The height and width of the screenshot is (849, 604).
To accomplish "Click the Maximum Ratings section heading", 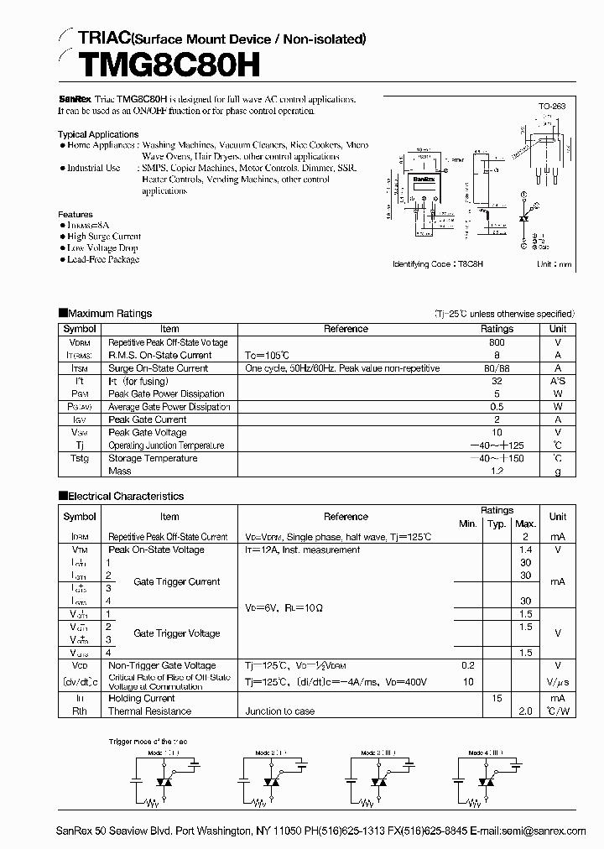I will coord(110,314).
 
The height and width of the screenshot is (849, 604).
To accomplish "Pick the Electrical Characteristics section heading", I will coord(125,496).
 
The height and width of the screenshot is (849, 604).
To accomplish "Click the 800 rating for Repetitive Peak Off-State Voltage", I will coord(497,342).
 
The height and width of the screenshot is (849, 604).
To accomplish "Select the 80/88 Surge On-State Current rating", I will coord(497,368).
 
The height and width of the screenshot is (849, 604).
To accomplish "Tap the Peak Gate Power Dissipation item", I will coord(166,393).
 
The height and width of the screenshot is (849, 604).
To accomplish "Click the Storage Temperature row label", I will coord(153,459).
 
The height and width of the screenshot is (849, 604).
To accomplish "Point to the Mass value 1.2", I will coord(497,471).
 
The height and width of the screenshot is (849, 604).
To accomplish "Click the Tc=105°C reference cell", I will coord(271,355).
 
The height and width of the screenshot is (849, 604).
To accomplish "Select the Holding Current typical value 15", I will coord(497,698).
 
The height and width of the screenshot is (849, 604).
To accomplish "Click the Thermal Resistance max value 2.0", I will coord(525,711).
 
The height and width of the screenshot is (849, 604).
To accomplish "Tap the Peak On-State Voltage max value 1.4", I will coord(525,550).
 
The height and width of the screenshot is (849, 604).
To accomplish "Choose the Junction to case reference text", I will coord(280,711).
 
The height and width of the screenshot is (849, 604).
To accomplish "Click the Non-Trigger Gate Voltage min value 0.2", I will coord(467,665).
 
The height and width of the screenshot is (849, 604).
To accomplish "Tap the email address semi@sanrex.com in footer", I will coord(551,831).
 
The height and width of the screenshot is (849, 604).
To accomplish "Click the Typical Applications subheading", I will coord(98,134).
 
